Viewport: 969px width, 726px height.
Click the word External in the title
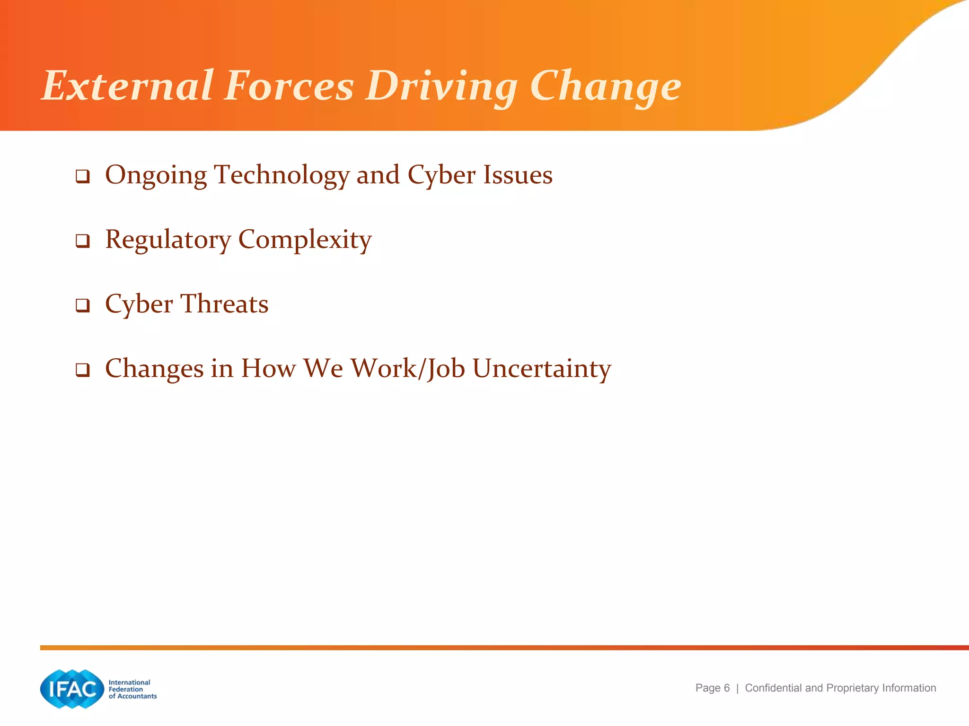point(128,86)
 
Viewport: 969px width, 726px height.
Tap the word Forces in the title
point(289,86)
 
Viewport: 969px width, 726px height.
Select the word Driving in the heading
point(442,86)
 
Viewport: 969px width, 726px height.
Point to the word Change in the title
point(605,86)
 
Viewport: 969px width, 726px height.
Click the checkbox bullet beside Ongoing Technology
point(83,177)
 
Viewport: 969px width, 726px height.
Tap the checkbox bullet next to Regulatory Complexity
point(83,241)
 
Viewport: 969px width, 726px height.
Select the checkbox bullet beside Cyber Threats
point(83,305)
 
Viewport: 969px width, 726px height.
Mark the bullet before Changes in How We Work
point(83,370)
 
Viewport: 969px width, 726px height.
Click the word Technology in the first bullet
point(282,175)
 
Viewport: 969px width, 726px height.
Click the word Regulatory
point(168,240)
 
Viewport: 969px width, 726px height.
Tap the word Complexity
point(305,240)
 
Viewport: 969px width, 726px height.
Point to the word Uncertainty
point(542,368)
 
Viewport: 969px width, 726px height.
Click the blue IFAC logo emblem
point(72,689)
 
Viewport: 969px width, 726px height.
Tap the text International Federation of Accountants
point(132,689)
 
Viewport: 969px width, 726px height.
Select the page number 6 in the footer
point(727,688)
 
